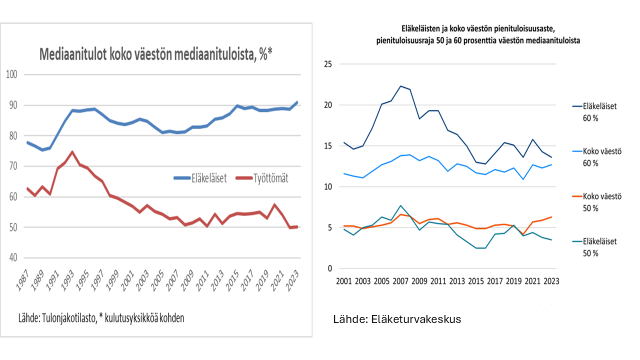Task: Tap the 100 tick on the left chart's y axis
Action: pyautogui.click(x=11, y=74)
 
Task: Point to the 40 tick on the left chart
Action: pyautogui.click(x=12, y=257)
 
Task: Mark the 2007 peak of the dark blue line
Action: pyautogui.click(x=400, y=86)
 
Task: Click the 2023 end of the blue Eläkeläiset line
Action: pyautogui.click(x=297, y=102)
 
